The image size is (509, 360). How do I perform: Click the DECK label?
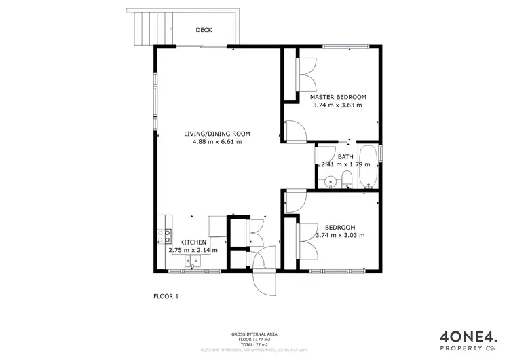(x=204, y=29)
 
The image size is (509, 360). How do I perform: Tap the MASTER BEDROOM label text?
(x=337, y=97)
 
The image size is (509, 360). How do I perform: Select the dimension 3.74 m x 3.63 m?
(x=337, y=105)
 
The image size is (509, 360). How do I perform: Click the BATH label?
(x=346, y=156)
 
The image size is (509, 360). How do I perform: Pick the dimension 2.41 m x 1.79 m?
(x=345, y=164)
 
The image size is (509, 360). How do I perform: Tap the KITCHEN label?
(x=193, y=242)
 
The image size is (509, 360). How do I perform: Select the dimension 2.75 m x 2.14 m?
(x=193, y=250)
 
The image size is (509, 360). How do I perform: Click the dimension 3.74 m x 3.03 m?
(x=340, y=235)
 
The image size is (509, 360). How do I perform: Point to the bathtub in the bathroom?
(x=369, y=167)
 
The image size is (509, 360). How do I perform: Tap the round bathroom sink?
(x=331, y=181)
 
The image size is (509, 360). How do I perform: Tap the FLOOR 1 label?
(x=166, y=296)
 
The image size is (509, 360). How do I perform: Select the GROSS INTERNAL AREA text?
(x=254, y=334)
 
